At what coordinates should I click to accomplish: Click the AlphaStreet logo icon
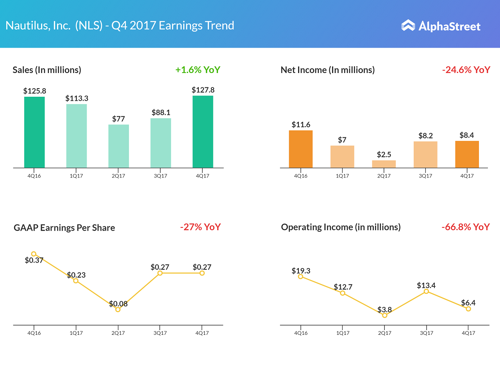point(408,25)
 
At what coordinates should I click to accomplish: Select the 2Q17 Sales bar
point(118,146)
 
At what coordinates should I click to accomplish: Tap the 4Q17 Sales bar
point(203,132)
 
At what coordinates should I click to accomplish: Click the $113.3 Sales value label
point(77,98)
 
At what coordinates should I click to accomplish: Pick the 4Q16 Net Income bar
point(300,149)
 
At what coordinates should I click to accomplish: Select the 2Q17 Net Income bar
point(384,164)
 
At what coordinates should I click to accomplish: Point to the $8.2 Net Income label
point(425,136)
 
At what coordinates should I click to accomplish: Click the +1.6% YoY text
point(198,70)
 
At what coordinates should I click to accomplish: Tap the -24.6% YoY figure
point(466,70)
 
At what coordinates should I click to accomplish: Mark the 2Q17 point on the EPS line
point(118,309)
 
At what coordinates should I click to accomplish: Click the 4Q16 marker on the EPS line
point(34,254)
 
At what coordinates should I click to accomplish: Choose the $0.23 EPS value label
point(76,275)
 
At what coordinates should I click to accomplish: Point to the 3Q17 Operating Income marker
point(426,291)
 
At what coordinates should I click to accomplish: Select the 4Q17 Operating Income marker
point(468,309)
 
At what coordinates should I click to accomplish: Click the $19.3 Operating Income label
point(301,271)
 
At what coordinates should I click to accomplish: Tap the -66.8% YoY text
point(466,227)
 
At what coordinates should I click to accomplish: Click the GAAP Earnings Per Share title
point(64,228)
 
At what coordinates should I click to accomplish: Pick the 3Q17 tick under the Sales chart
point(160,176)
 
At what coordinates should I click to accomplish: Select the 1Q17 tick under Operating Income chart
point(343,333)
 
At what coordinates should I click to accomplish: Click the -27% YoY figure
point(200,227)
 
